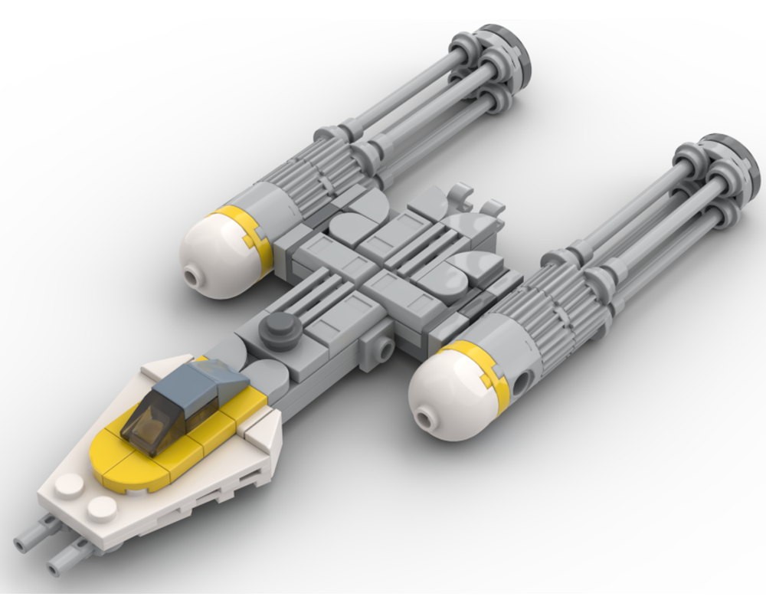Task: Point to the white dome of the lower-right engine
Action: tap(444, 395)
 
